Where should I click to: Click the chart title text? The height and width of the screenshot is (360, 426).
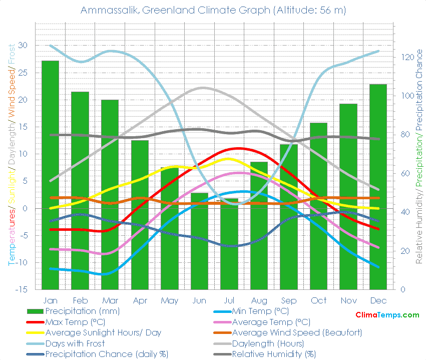(x=213, y=10)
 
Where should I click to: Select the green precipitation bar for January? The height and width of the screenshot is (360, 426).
(x=50, y=175)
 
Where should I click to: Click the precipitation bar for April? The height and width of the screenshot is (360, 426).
(x=140, y=215)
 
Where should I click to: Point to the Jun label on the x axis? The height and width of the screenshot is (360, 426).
(x=199, y=300)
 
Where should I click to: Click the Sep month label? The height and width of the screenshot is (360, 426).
(x=289, y=300)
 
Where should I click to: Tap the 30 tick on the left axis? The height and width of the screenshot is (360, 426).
(x=24, y=46)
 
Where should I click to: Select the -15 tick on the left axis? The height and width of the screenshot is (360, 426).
(x=22, y=289)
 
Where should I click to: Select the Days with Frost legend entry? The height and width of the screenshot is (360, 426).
(x=75, y=343)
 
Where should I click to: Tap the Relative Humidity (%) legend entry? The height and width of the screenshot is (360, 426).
(x=274, y=354)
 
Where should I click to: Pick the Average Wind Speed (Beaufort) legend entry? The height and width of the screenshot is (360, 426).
(x=297, y=332)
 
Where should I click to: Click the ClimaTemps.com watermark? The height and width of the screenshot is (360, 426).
(x=387, y=315)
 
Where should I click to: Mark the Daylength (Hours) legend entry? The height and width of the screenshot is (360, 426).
(x=268, y=343)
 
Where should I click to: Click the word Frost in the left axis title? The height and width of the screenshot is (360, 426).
(x=11, y=55)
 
